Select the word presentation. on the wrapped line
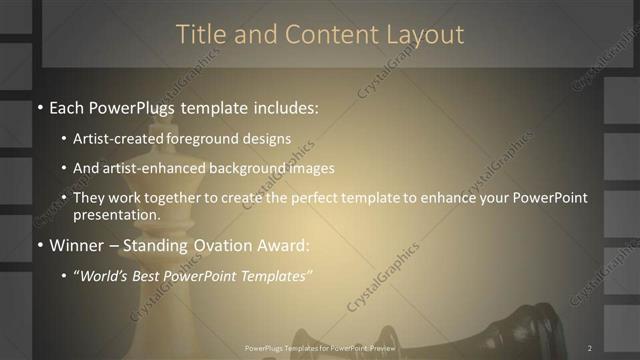[116, 214]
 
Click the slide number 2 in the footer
[590, 348]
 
